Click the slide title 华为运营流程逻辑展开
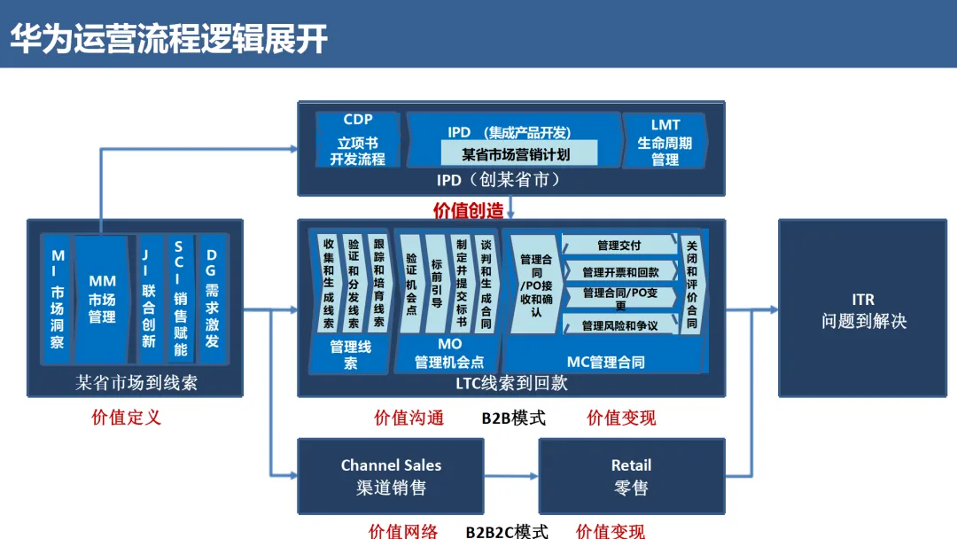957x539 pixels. click(x=169, y=38)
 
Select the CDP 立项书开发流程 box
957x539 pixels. click(x=358, y=140)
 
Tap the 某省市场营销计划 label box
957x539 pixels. click(x=516, y=153)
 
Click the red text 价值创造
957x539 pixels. click(x=468, y=210)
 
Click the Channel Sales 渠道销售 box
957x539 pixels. click(x=391, y=476)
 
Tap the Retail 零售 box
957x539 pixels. click(x=631, y=476)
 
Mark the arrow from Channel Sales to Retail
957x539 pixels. click(x=511, y=476)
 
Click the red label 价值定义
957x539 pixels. click(x=127, y=417)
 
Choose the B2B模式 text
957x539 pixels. click(x=514, y=418)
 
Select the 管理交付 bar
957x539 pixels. click(x=619, y=246)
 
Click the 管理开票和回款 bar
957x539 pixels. click(x=620, y=272)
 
